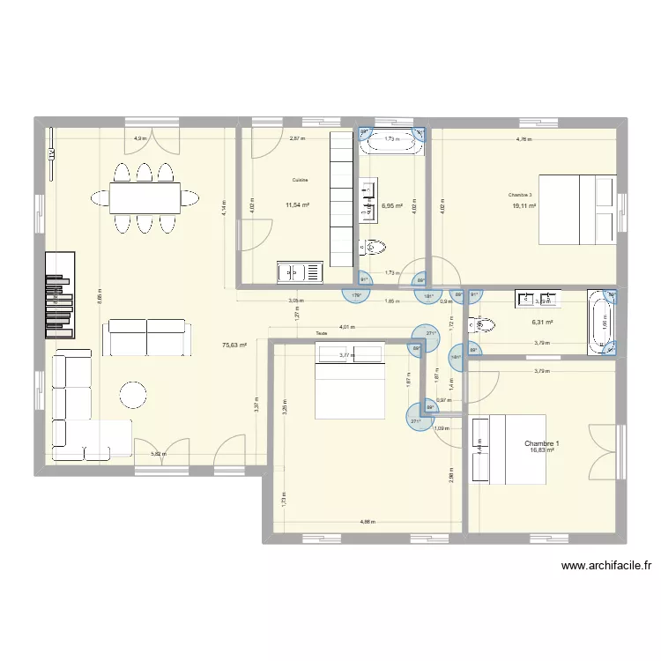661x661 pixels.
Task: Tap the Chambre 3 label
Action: (x=520, y=195)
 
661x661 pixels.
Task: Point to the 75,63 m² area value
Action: (x=234, y=345)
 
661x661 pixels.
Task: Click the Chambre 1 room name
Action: (x=540, y=443)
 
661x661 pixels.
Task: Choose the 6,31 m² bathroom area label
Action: (x=541, y=323)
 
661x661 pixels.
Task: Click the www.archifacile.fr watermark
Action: (x=605, y=567)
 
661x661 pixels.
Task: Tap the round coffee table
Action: (x=134, y=395)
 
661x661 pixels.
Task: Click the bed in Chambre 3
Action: (x=576, y=210)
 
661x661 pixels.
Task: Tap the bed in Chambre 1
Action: (x=509, y=449)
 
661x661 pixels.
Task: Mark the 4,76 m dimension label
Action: (x=524, y=139)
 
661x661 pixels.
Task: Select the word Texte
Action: (x=321, y=333)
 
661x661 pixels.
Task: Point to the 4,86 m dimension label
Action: (x=368, y=522)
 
